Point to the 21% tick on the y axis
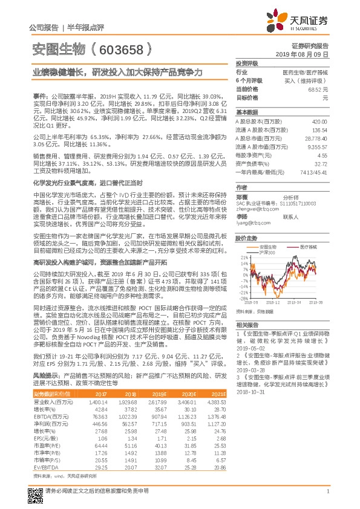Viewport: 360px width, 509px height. point(243,258)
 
